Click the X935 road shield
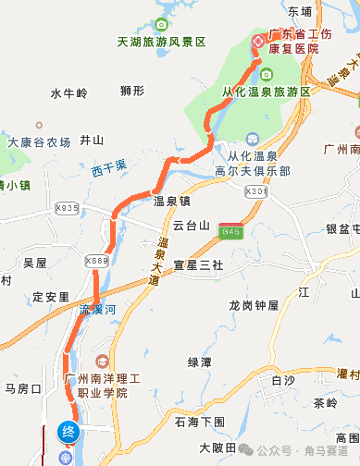coord(68,208)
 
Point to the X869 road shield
coord(96,262)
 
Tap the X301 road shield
coord(256,191)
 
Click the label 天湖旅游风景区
coord(161,43)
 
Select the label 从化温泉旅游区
coord(266,92)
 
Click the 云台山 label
coord(192,225)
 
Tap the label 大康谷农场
coord(39,142)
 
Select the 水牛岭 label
coord(68,92)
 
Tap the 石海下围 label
coord(200,421)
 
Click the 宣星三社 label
coord(198,264)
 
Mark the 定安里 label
coord(51,297)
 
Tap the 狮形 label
coord(132,91)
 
